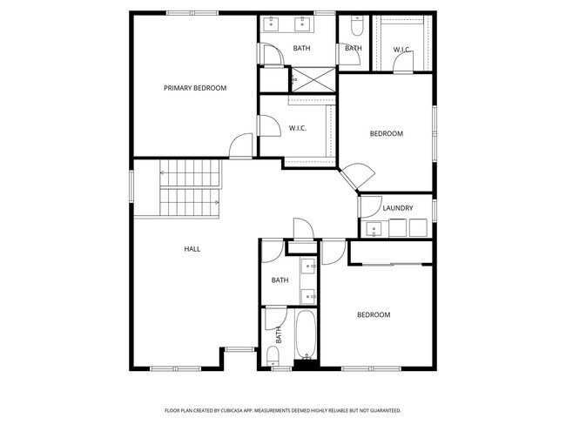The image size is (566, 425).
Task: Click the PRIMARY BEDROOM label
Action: pos(195,88)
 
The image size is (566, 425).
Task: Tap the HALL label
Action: pos(192,249)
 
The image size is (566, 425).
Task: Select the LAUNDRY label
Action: pos(397,208)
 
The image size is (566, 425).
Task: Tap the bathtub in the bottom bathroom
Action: pos(307,334)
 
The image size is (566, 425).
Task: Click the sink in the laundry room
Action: pos(375,228)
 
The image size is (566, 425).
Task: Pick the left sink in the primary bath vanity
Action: pos(273,23)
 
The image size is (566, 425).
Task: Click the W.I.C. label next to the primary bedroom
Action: pos(298,129)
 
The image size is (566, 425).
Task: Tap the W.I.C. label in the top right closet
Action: pos(401,50)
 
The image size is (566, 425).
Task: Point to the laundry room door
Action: pos(367,206)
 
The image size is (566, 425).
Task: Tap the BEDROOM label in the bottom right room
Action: pos(374,314)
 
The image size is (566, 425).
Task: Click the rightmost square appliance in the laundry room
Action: pos(418,227)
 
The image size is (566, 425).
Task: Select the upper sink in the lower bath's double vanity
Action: pos(308,267)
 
